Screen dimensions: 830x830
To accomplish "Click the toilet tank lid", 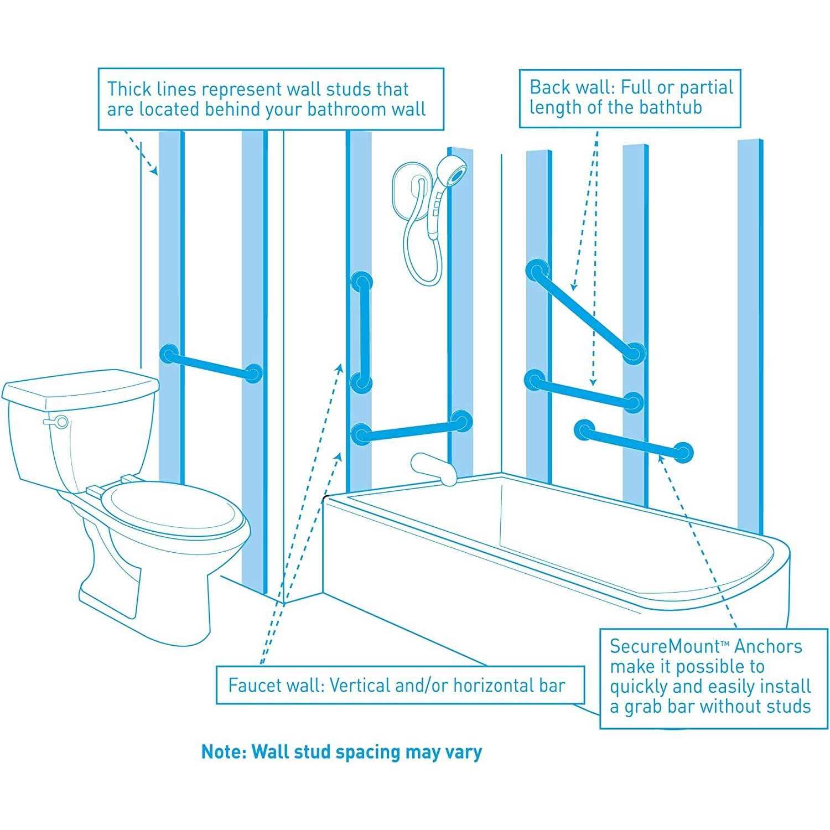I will (x=80, y=385).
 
